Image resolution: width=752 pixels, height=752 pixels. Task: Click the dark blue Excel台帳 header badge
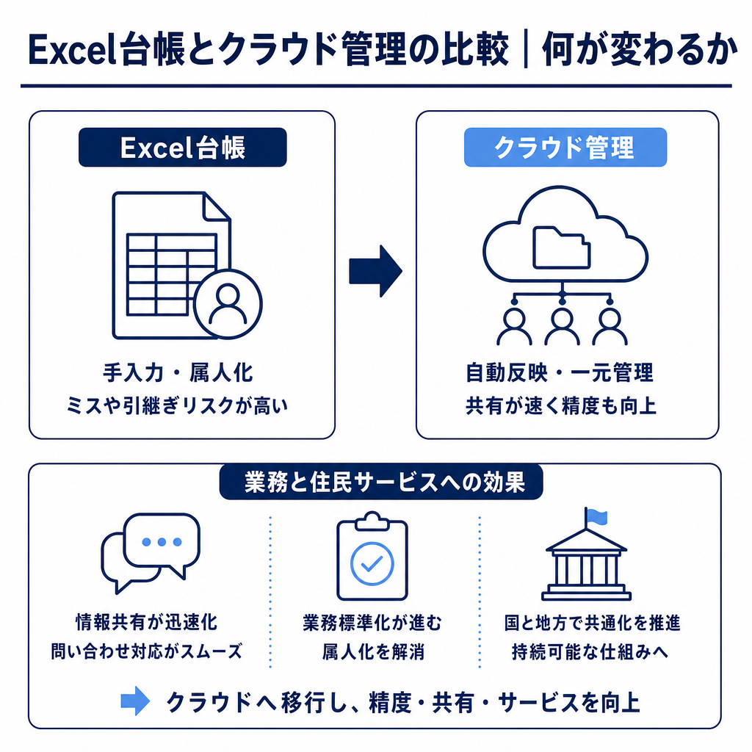pos(183,147)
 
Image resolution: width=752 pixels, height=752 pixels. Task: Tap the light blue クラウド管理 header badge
pos(565,147)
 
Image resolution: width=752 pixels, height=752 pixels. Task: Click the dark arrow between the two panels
pos(375,271)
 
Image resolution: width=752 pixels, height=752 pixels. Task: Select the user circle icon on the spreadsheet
pos(228,304)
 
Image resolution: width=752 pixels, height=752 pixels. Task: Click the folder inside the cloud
pos(561,248)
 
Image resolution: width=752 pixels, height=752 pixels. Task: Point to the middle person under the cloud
pos(562,326)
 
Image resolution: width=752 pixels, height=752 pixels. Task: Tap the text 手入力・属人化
pos(178,372)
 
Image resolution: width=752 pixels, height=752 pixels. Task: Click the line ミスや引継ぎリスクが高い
pos(177,405)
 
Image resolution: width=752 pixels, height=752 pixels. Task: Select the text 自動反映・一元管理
pos(559,372)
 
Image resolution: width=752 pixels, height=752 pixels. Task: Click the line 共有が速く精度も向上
pos(560,405)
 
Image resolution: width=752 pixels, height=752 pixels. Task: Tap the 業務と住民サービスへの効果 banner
pos(381,482)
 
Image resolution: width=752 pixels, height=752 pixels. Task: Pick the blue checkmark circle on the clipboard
pos(372,564)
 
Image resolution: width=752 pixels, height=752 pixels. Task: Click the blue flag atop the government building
pos(597,517)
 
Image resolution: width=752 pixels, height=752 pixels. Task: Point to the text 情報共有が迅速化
pos(147,622)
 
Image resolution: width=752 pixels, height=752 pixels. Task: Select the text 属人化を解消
pos(373,652)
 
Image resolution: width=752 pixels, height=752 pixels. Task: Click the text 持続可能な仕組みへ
pos(590,652)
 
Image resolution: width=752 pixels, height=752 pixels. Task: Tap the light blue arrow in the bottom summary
pos(135,701)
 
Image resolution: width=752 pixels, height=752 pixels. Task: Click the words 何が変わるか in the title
pos(640,49)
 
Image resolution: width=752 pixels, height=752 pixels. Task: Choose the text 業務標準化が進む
pos(372,622)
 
